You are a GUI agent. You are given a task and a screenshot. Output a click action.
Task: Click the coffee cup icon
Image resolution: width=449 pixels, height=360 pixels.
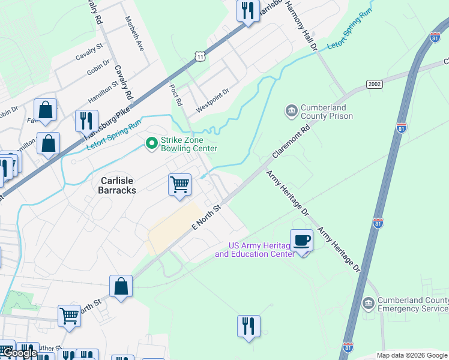pos(301,241)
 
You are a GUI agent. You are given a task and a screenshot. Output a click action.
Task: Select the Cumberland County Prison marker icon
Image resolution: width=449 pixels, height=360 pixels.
pos(291,111)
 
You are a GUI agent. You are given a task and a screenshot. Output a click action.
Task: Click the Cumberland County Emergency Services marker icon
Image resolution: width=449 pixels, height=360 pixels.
pos(368,304)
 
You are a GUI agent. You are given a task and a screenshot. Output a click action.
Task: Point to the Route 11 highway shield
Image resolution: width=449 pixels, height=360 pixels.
pos(200,56)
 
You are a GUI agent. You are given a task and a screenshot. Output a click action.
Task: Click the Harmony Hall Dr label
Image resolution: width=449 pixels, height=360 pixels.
pos(301,24)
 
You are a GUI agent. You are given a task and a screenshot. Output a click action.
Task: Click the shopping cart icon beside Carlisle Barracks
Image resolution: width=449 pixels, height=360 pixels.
pos(179,185)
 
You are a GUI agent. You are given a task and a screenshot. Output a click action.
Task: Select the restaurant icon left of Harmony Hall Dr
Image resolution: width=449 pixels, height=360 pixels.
pos(247,11)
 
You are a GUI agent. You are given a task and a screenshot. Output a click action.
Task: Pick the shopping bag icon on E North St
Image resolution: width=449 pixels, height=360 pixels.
pos(121,286)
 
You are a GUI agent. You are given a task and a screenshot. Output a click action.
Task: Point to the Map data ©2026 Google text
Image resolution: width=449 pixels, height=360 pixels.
pos(412,355)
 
